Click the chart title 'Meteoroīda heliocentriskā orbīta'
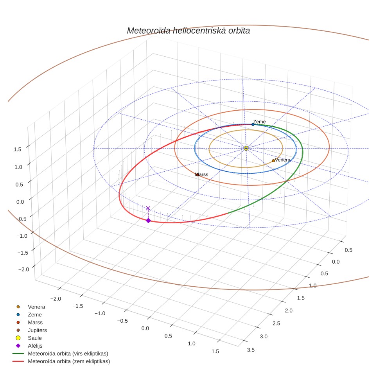(188, 31)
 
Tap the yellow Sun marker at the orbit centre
(246, 148)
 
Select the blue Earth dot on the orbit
(253, 124)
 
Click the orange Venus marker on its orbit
(273, 161)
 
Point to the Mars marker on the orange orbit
(197, 175)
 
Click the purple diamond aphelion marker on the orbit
(148, 221)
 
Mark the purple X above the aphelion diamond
(148, 208)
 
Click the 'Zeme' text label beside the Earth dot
(259, 122)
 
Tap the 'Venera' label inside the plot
(282, 160)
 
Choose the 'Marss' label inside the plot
(202, 174)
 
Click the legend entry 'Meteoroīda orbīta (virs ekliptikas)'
(60, 354)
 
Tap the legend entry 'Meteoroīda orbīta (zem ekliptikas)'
(61, 361)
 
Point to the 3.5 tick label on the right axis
(251, 350)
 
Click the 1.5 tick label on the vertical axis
(17, 149)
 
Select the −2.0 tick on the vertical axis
(23, 269)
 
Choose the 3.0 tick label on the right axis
(264, 336)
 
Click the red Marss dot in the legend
(18, 322)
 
